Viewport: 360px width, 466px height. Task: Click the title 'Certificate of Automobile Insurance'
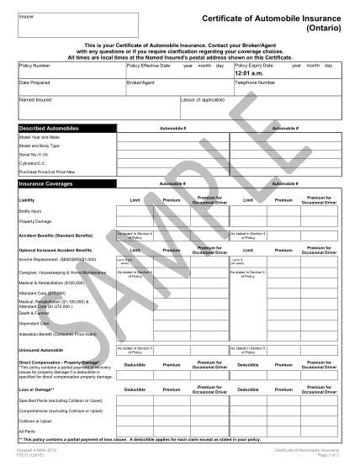pyautogui.click(x=278, y=18)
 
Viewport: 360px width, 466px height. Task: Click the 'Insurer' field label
pyautogui.click(x=26, y=15)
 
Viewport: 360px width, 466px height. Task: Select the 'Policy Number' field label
pyautogui.click(x=34, y=65)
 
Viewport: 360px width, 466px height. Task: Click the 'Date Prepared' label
pyautogui.click(x=34, y=82)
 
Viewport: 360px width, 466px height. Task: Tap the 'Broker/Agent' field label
pyautogui.click(x=142, y=82)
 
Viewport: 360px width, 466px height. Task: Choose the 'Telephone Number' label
pyautogui.click(x=256, y=82)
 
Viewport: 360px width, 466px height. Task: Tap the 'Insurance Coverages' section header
pyautogui.click(x=48, y=183)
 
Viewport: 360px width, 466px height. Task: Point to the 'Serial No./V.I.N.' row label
pyautogui.click(x=36, y=154)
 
